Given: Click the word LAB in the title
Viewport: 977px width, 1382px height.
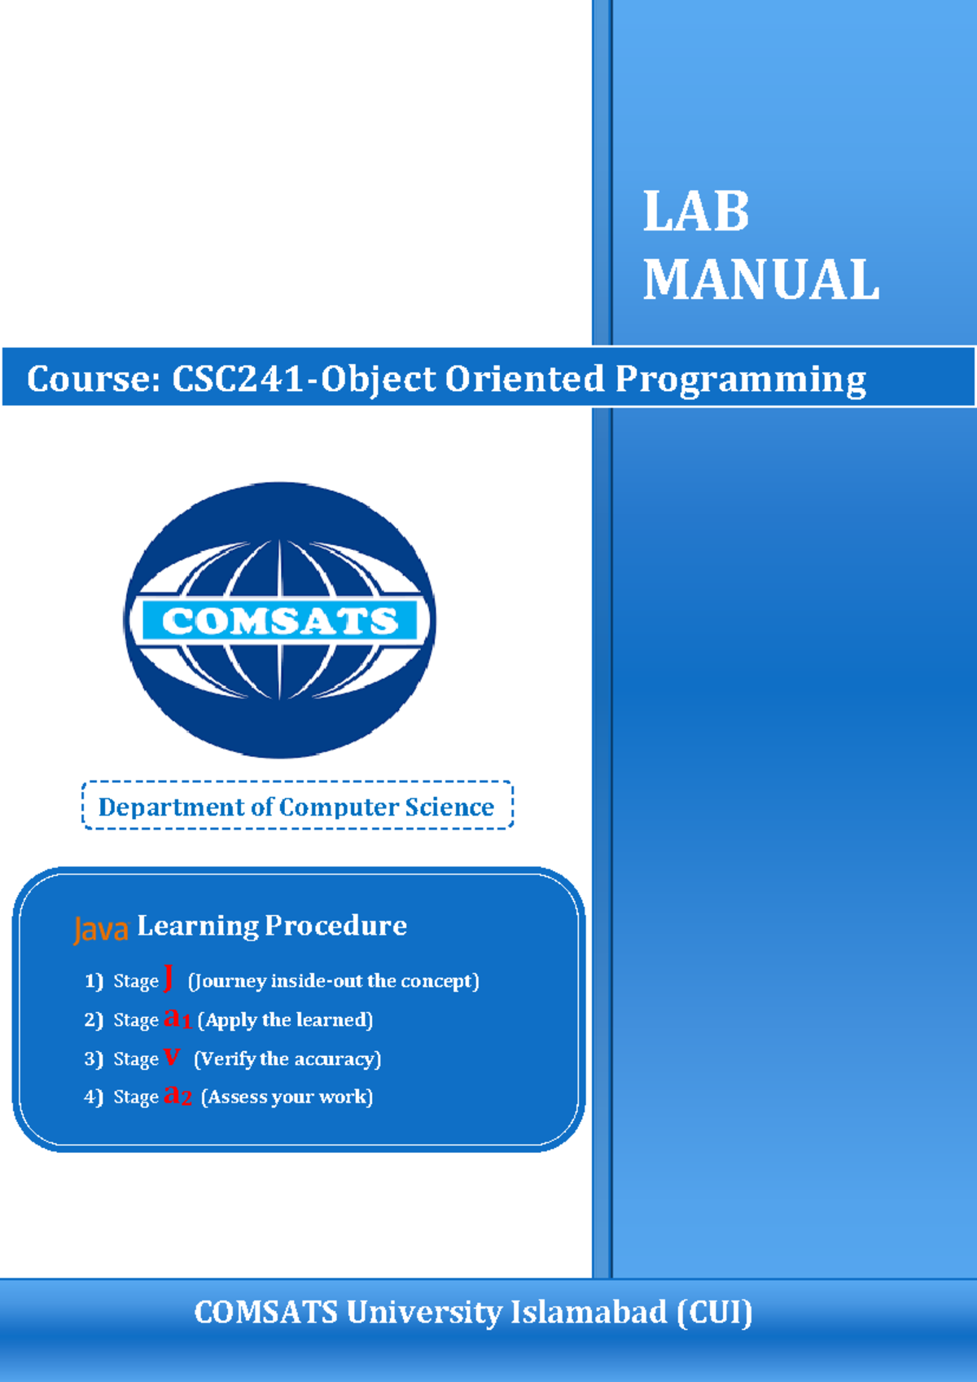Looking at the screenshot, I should click(x=695, y=212).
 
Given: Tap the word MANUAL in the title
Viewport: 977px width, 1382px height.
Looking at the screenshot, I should click(x=760, y=280).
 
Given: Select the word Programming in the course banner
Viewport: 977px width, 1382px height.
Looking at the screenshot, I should click(x=740, y=380).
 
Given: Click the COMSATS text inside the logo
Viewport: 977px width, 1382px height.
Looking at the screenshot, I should click(x=280, y=621).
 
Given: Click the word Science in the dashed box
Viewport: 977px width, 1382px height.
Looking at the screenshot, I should click(x=449, y=807).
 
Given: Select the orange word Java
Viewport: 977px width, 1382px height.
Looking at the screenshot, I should click(x=101, y=929).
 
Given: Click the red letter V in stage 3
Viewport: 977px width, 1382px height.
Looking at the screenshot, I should click(x=171, y=1057).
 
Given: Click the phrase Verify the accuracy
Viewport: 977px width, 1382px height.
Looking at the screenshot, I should click(x=287, y=1059).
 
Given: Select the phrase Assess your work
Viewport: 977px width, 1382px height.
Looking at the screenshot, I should click(x=287, y=1097).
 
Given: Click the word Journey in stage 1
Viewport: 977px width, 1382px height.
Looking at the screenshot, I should click(x=228, y=981).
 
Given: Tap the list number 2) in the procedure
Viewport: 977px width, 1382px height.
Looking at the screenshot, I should click(x=94, y=1020).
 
